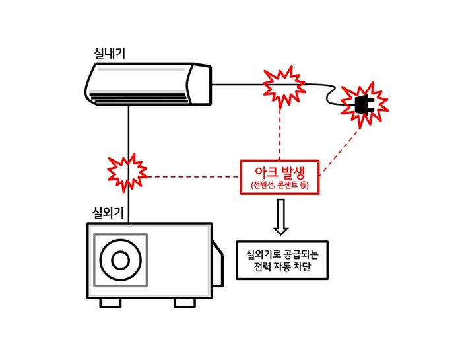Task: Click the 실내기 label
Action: click(110, 54)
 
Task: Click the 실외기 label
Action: click(108, 213)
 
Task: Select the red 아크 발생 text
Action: click(279, 173)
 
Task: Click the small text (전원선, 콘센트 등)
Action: click(279, 185)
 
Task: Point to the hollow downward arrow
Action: click(280, 217)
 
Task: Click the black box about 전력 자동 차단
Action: click(282, 260)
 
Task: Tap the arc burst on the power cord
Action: click(284, 85)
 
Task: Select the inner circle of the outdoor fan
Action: click(120, 260)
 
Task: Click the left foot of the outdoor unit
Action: click(110, 303)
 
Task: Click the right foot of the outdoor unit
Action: click(184, 303)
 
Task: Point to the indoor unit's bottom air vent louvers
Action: click(139, 98)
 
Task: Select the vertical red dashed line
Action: click(280, 132)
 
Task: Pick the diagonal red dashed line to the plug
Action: click(340, 151)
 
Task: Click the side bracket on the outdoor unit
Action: click(217, 264)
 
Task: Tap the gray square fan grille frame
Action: click(96, 260)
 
